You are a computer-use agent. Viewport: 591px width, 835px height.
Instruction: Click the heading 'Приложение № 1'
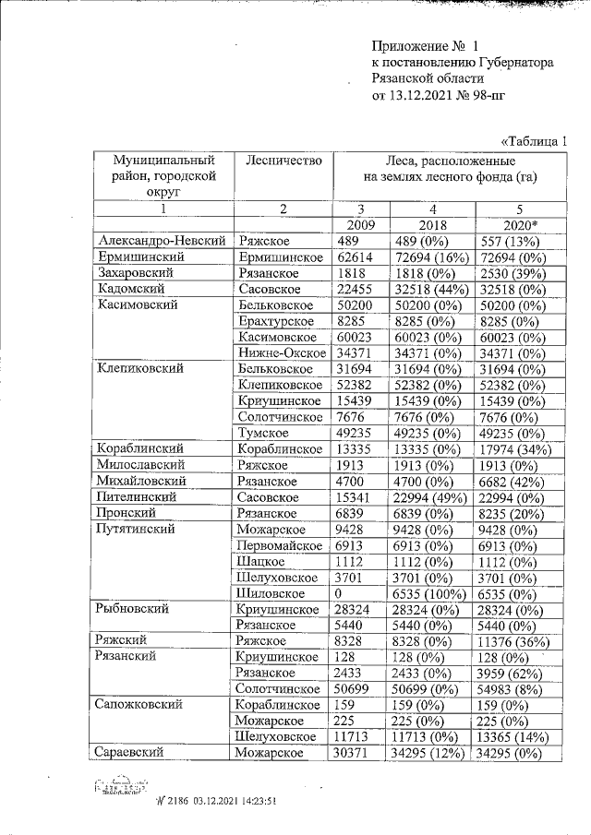click(426, 45)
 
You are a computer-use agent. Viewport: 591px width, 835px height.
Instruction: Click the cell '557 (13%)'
click(510, 241)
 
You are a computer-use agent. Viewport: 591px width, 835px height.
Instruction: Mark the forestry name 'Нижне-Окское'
click(281, 352)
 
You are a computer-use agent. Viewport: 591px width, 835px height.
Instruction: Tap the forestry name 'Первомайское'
click(281, 544)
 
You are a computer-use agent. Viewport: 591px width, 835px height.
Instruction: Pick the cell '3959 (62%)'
click(512, 673)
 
